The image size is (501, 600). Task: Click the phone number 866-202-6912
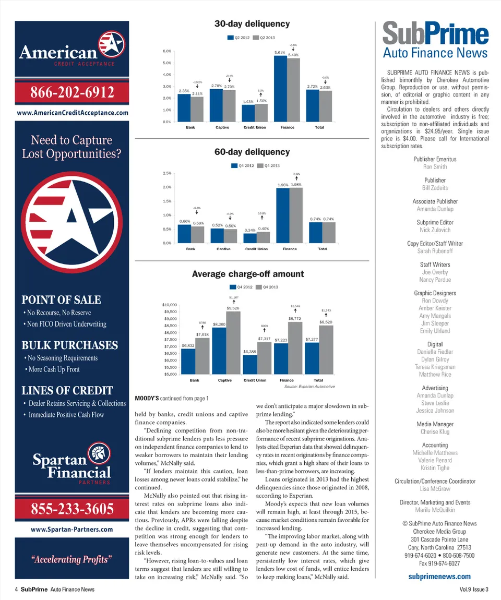[72, 92]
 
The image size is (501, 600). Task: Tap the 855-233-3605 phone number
[72, 509]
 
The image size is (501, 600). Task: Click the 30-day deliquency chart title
[252, 23]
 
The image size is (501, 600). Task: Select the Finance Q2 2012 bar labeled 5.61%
[280, 88]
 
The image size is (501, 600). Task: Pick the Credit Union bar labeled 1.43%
[248, 113]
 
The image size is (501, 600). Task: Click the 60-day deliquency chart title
[252, 152]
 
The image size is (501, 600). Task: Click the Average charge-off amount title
[248, 274]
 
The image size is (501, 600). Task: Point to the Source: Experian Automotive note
[309, 387]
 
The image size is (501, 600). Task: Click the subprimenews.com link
[439, 577]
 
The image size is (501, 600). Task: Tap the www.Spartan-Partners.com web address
[72, 529]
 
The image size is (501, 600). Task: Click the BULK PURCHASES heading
[69, 345]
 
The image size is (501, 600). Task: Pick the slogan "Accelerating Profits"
[72, 560]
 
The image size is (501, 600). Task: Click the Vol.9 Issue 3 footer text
[471, 590]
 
